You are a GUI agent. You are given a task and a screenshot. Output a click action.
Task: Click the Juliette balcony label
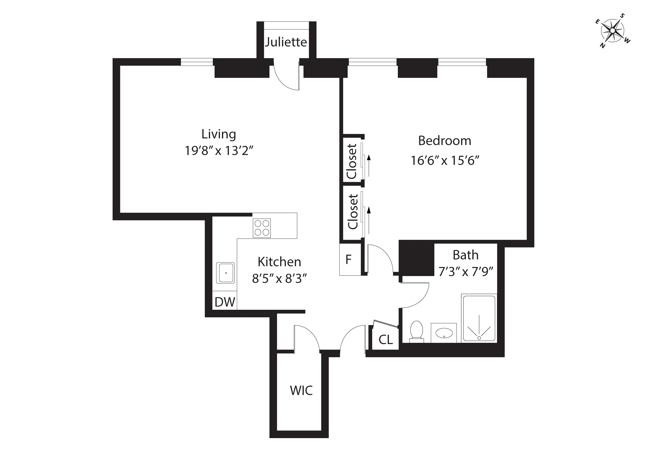tap(286, 42)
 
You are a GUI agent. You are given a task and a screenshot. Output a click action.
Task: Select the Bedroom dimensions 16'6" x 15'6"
tap(445, 161)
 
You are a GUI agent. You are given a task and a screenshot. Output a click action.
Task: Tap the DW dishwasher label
tap(225, 302)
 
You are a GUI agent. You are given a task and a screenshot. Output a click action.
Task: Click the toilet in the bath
tap(416, 331)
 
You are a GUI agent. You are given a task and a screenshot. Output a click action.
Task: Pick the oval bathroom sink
tap(444, 333)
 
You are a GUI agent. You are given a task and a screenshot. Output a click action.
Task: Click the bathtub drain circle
tap(479, 338)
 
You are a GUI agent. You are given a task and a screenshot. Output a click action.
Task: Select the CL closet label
tap(385, 340)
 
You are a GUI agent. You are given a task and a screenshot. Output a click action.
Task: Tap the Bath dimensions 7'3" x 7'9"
tap(466, 272)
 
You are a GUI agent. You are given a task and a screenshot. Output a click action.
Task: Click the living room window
tap(196, 62)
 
